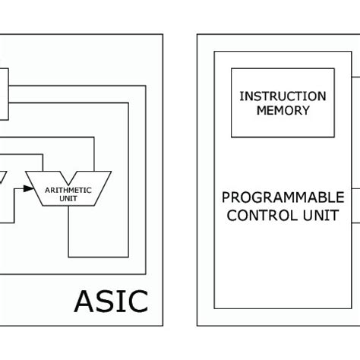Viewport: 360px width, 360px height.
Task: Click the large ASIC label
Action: (111, 301)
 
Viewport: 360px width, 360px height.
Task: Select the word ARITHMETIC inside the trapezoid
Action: (69, 190)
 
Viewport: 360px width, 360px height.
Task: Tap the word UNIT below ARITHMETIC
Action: (69, 200)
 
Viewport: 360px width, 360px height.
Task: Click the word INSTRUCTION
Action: (283, 96)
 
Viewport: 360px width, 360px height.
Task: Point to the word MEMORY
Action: (283, 110)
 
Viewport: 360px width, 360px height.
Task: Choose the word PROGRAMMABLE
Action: (283, 197)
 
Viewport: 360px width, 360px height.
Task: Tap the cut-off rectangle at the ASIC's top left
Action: (4, 92)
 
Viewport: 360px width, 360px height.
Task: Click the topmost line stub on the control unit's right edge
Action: (355, 75)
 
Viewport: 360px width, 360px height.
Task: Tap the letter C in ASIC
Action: (137, 301)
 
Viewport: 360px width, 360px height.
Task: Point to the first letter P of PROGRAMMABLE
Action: (226, 197)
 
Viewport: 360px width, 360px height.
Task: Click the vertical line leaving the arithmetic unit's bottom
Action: (69, 232)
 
